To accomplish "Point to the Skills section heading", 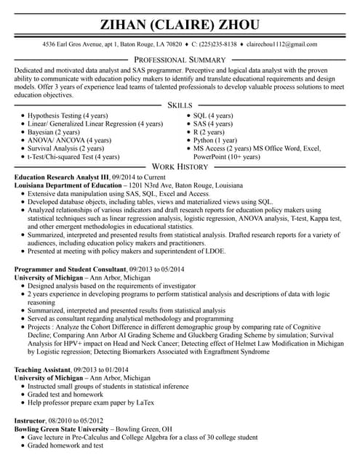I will click(180, 106).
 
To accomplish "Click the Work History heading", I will click(180, 167).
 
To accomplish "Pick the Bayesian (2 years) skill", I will click(55, 132).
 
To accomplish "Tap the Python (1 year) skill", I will click(215, 140).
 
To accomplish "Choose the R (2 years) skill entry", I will click(209, 132).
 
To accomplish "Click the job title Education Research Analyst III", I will click(62, 177).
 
